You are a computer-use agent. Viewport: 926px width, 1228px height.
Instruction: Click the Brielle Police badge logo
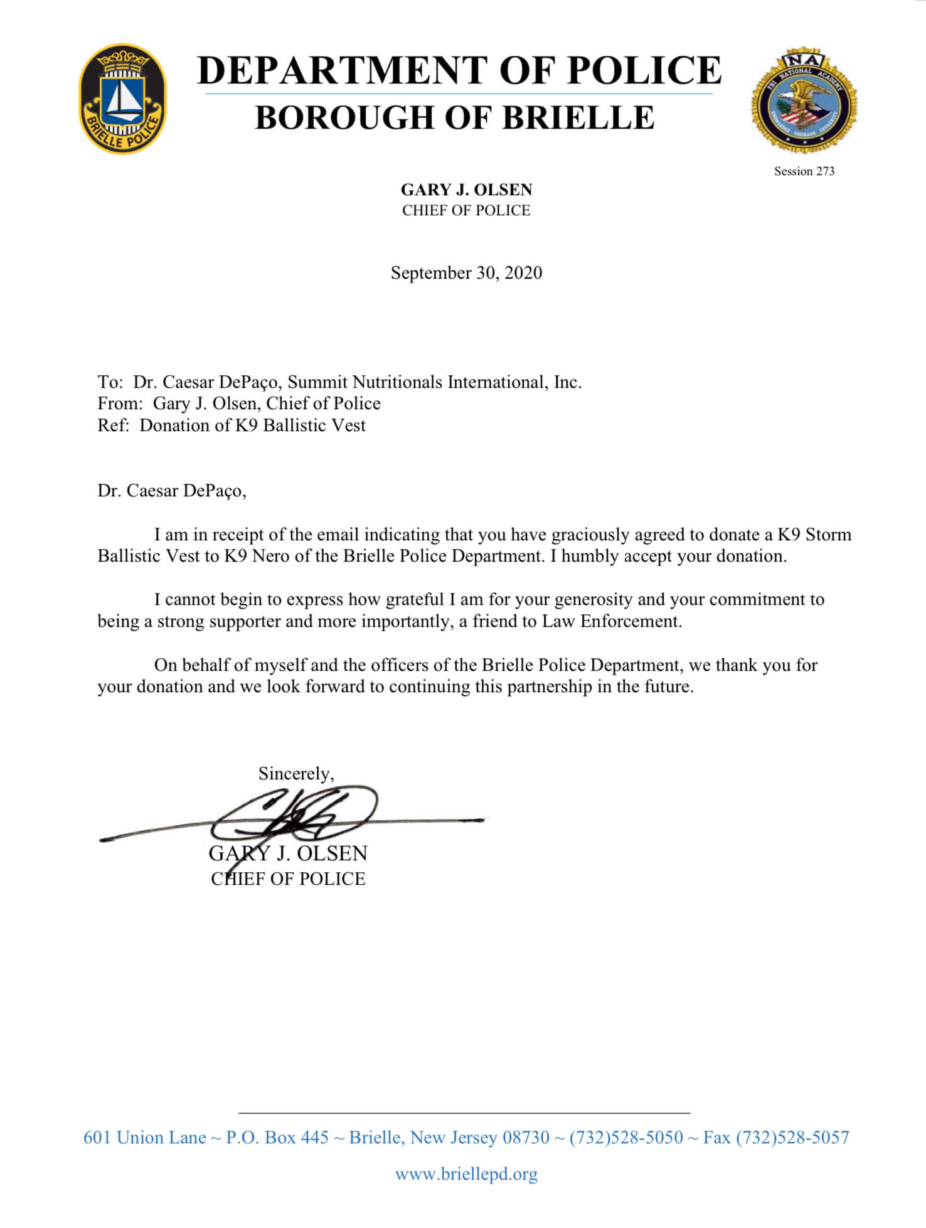(123, 99)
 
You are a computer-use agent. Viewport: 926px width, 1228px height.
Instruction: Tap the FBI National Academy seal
(804, 100)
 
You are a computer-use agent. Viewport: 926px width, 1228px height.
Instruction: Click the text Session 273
(804, 171)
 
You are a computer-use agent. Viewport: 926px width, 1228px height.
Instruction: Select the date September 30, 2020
(466, 273)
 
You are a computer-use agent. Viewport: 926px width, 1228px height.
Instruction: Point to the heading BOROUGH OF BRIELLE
(455, 117)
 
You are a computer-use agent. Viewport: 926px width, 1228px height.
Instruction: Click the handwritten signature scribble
(295, 816)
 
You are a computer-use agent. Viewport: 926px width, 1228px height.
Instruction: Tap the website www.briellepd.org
(466, 1173)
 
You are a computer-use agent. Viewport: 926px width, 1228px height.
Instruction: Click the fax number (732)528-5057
(792, 1137)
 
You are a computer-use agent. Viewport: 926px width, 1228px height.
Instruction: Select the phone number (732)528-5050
(626, 1137)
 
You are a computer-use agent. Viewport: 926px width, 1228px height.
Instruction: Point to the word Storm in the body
(828, 535)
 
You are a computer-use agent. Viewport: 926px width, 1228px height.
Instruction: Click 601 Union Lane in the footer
(145, 1137)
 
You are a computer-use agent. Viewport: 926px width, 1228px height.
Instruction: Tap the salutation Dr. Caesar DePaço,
(172, 491)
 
